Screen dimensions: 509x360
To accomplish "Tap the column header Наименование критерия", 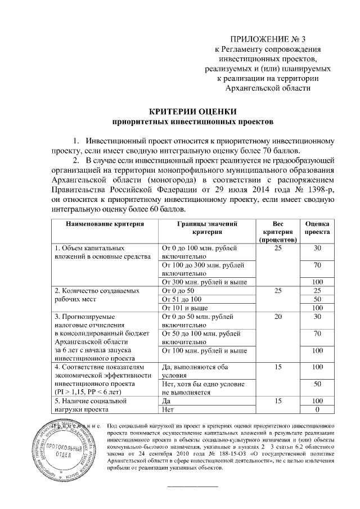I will tap(104, 224).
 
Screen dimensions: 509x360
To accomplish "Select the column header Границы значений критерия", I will tap(208, 227).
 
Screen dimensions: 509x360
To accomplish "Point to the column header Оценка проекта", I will tap(317, 227).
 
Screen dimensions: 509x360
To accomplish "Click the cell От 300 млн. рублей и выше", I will tap(204, 282).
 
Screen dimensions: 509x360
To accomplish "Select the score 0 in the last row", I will tap(317, 411).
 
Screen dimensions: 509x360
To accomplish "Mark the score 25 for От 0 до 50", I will tap(317, 290).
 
